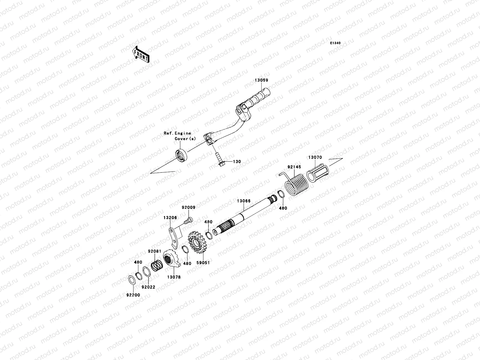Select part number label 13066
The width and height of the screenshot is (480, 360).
pyautogui.click(x=244, y=201)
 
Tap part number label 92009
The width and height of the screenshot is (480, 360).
pyautogui.click(x=188, y=207)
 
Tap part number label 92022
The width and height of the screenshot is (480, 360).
pyautogui.click(x=148, y=287)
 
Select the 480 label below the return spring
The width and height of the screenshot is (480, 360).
pyautogui.click(x=283, y=208)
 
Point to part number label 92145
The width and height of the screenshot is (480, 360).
pyautogui.click(x=294, y=167)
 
